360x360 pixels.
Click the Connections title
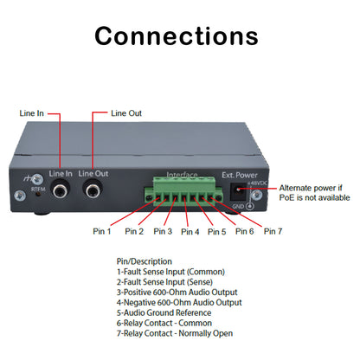[176, 36]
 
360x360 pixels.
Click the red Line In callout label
[34, 113]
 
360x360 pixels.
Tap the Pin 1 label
[102, 231]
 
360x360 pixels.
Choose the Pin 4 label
[190, 232]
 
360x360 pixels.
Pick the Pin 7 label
[273, 231]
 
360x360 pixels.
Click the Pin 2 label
[134, 231]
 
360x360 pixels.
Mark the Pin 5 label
[217, 232]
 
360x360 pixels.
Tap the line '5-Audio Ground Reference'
[163, 313]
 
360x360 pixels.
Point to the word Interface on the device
[183, 175]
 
